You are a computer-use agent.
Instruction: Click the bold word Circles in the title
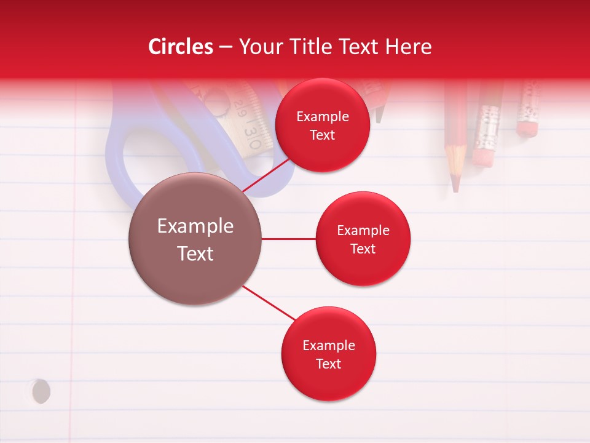181,47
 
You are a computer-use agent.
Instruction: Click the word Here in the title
408,47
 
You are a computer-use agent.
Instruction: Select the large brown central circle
195,239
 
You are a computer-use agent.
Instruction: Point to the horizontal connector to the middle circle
288,239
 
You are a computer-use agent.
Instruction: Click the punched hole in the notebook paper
41,391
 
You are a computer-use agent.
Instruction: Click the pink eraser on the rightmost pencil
527,128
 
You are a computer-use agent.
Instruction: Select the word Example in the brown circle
195,226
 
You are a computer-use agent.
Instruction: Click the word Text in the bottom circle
328,364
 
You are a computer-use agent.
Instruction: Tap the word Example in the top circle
322,116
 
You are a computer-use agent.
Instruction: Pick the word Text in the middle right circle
363,249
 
